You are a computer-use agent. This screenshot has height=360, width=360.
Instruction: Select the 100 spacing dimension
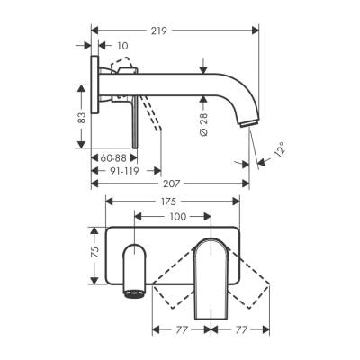pos(178,217)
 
